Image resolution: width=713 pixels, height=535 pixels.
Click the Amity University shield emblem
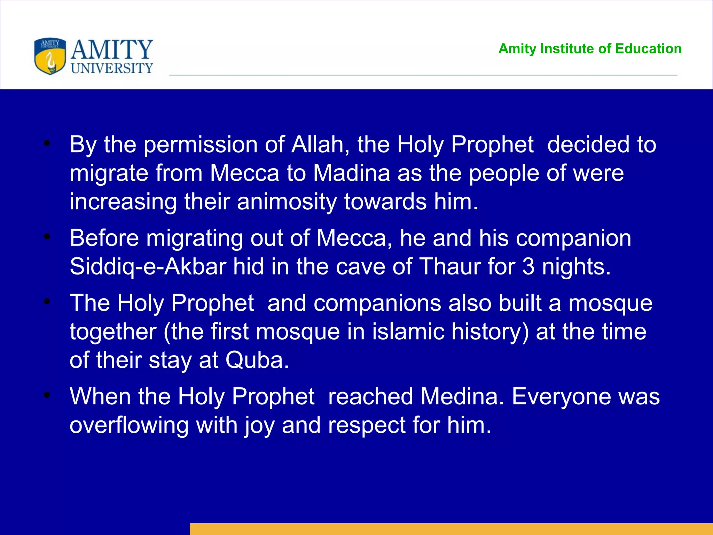pyautogui.click(x=50, y=56)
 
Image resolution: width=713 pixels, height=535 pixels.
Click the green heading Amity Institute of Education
pyautogui.click(x=590, y=49)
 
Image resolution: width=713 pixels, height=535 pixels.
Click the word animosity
pyautogui.click(x=287, y=202)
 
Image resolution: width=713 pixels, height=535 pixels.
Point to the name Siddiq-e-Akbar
pyautogui.click(x=148, y=267)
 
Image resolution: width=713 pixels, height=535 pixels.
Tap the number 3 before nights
pyautogui.click(x=528, y=266)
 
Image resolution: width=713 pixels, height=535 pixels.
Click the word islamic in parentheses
pyautogui.click(x=408, y=332)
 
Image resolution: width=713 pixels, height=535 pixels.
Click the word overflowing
pyautogui.click(x=129, y=425)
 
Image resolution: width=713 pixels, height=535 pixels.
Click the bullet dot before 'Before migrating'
pyautogui.click(x=47, y=237)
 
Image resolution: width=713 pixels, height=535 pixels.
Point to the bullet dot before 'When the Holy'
pyautogui.click(x=47, y=395)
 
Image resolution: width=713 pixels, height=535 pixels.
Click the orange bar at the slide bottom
pyautogui.click(x=451, y=529)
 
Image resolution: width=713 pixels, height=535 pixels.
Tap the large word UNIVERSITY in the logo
pyautogui.click(x=112, y=68)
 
